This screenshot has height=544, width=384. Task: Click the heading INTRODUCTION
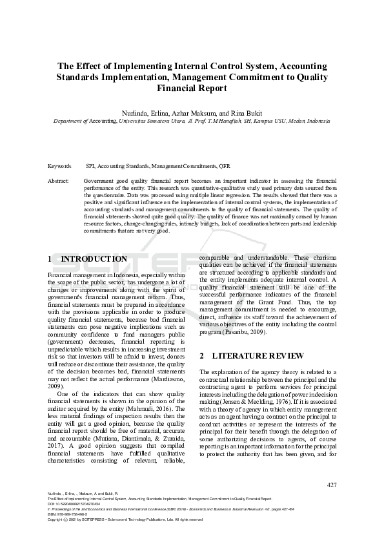click(94, 259)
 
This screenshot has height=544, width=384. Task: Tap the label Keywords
click(59, 166)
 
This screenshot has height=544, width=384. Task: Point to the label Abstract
click(58, 181)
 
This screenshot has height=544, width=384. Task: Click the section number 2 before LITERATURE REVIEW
click(202, 355)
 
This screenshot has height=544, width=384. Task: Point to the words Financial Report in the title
click(192, 89)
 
